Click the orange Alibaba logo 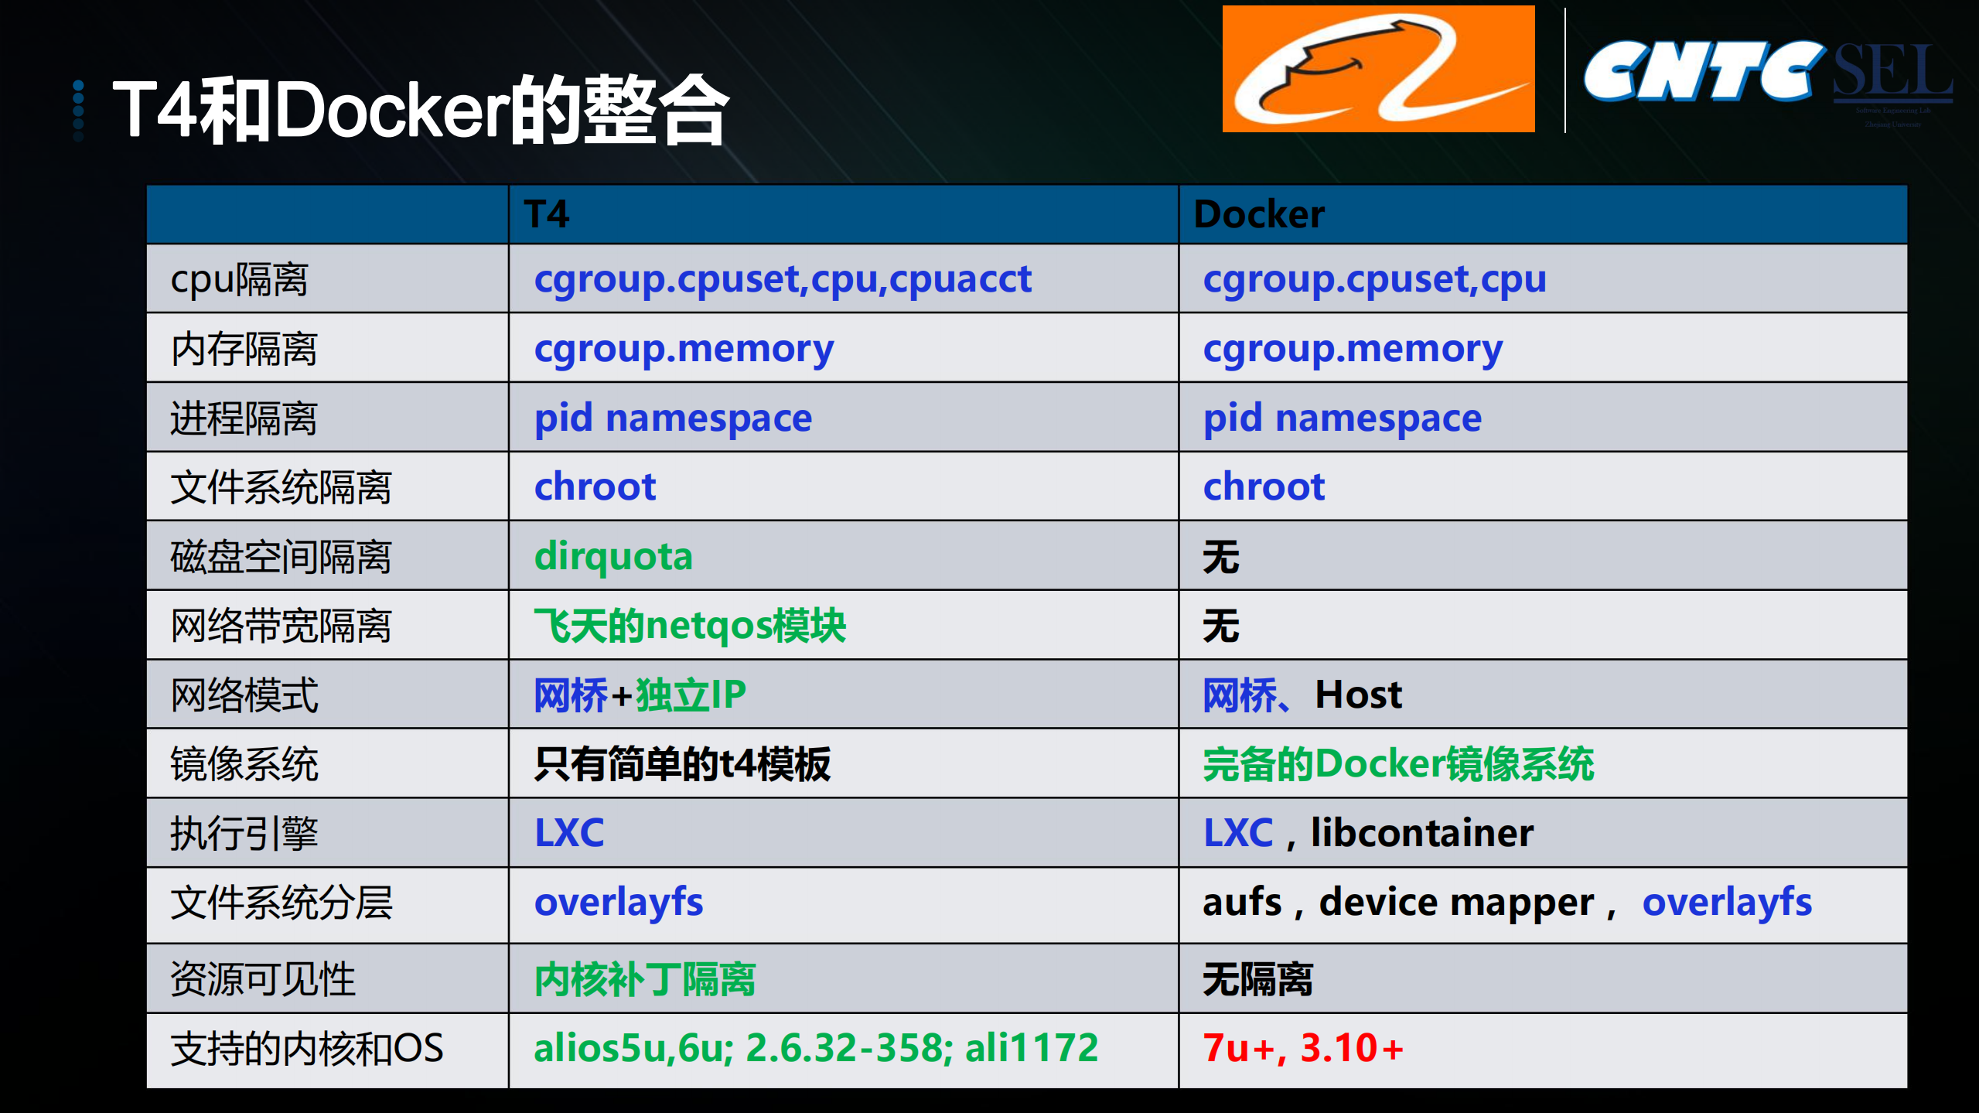click(x=1377, y=70)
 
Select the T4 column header click(x=547, y=214)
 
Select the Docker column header click(x=1259, y=214)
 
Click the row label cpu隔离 click(x=239, y=279)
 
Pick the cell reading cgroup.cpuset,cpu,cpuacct click(x=783, y=279)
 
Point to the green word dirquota click(x=613, y=556)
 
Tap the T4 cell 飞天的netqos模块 click(x=690, y=625)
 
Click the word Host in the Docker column click(x=1358, y=695)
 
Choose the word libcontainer click(x=1421, y=833)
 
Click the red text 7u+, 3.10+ click(x=1303, y=1048)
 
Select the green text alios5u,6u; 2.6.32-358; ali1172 click(x=816, y=1048)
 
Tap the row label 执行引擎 click(x=244, y=834)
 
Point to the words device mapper click(x=1456, y=903)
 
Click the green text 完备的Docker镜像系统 click(x=1398, y=764)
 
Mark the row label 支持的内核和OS click(x=306, y=1049)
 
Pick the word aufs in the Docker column click(x=1241, y=903)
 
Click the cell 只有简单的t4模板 click(x=682, y=764)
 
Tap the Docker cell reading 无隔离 click(x=1257, y=979)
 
